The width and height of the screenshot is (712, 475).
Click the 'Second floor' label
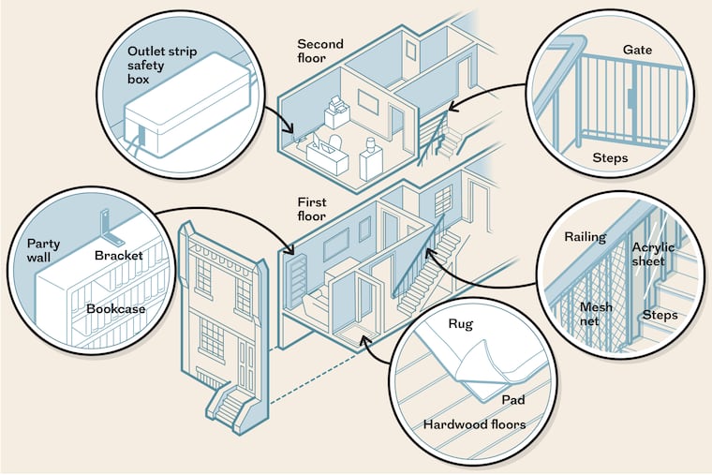coord(321,51)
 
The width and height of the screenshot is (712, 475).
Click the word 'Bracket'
coord(118,255)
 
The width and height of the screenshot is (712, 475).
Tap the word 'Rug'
coord(460,325)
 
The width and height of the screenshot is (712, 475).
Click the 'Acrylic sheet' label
coord(652,255)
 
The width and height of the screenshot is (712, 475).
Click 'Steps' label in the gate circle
coord(610,157)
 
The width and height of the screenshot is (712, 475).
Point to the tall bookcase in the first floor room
coord(298,282)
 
